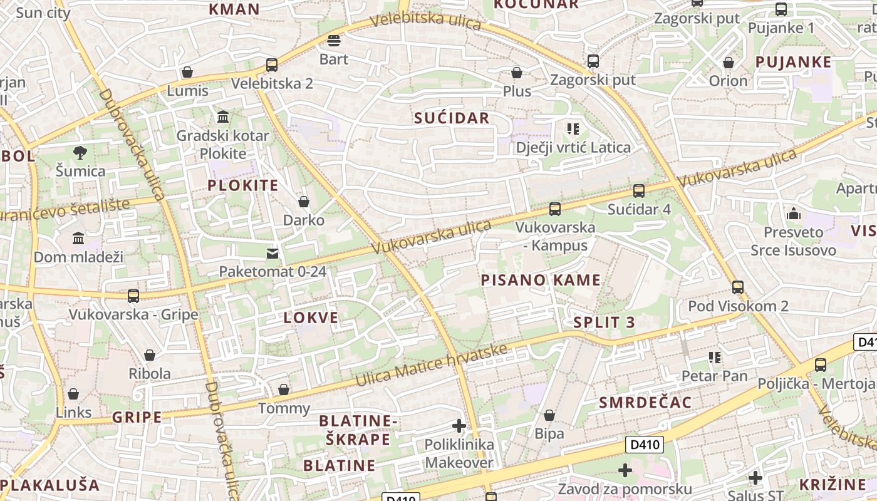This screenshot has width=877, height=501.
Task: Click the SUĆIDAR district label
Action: click(x=452, y=118)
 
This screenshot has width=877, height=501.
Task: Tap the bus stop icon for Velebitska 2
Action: click(x=272, y=65)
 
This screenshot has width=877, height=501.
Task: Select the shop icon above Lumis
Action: click(x=187, y=73)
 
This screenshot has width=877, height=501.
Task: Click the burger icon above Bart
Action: click(x=334, y=41)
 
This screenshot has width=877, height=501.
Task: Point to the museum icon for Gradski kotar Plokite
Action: click(x=222, y=117)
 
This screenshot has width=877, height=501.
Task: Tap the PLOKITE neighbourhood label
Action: click(x=242, y=185)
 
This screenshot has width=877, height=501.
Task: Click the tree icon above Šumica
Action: click(x=80, y=152)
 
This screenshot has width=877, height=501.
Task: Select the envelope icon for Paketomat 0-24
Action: click(x=272, y=254)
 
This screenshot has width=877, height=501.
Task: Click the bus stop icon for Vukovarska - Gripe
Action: click(x=133, y=296)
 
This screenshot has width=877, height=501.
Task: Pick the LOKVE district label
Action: click(x=311, y=318)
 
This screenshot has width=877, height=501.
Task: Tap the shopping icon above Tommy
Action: click(x=284, y=390)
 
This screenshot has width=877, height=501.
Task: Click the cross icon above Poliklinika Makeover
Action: click(x=459, y=426)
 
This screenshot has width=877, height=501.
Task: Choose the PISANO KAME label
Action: click(x=541, y=280)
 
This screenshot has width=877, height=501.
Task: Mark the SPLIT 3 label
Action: click(x=604, y=323)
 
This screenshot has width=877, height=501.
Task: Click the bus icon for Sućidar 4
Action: click(x=639, y=191)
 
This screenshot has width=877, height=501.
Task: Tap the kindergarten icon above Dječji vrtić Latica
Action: click(x=573, y=130)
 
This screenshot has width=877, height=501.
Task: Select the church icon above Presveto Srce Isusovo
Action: click(x=794, y=214)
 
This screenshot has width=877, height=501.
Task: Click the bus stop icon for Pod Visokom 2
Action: click(x=738, y=287)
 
